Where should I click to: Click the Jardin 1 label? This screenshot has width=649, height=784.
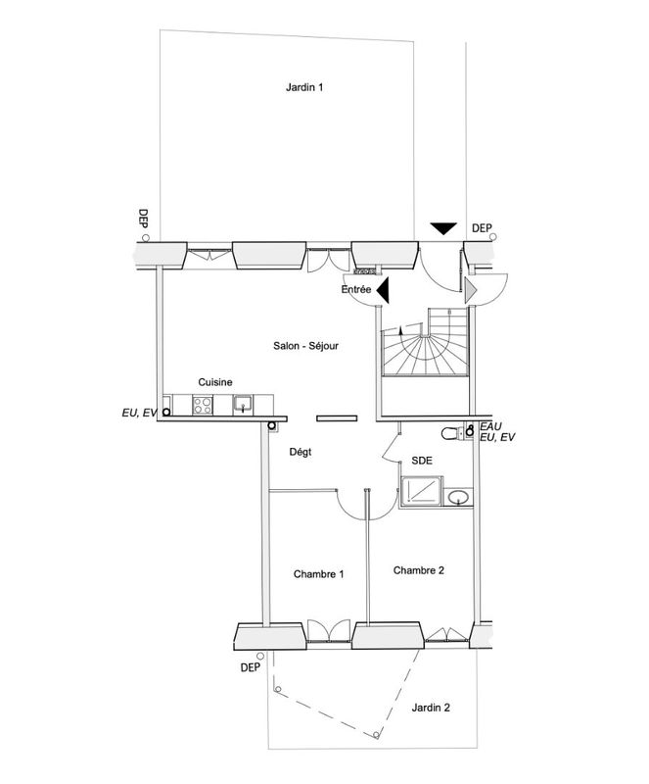(304, 87)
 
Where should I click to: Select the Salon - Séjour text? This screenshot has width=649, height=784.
(305, 345)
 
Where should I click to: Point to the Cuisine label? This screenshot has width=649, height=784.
(215, 382)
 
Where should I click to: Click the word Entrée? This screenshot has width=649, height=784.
(356, 290)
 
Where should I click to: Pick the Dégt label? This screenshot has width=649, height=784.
(301, 452)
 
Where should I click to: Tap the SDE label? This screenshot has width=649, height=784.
(422, 458)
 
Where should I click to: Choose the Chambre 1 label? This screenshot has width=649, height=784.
(319, 574)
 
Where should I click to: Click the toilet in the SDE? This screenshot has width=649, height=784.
(452, 433)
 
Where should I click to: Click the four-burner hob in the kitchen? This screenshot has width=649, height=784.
(204, 403)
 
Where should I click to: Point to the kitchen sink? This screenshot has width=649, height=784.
(242, 403)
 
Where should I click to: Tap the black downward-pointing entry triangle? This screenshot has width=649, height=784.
(444, 228)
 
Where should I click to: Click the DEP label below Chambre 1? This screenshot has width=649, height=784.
(249, 667)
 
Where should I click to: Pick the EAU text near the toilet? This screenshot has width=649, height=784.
(490, 427)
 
